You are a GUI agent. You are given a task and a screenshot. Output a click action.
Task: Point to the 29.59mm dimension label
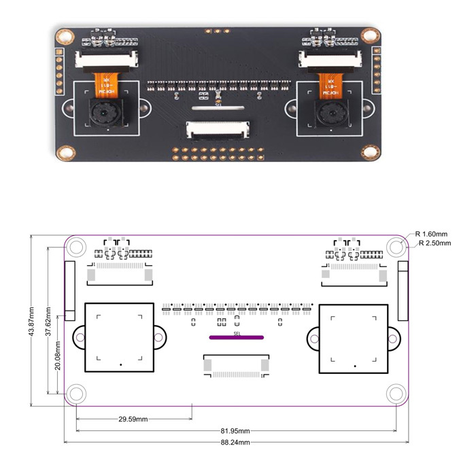[133, 419]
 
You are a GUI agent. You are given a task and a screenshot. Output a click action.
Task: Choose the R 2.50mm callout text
[435, 243]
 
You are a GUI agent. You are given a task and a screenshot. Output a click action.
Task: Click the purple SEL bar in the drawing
[237, 337]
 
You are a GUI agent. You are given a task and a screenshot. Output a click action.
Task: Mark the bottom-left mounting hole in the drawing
[76, 393]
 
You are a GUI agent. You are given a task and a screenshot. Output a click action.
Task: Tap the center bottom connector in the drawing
[237, 366]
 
